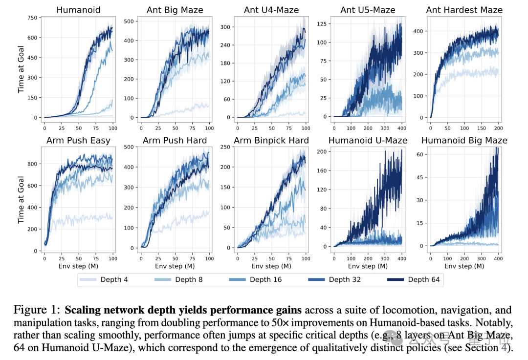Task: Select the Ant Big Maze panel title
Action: (175, 10)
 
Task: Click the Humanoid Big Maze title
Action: (464, 141)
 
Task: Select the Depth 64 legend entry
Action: (416, 279)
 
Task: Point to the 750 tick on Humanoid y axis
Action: (33, 18)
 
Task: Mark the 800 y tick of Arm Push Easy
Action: (33, 165)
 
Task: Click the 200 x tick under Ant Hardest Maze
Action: (498, 128)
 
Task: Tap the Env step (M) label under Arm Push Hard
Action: (175, 266)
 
